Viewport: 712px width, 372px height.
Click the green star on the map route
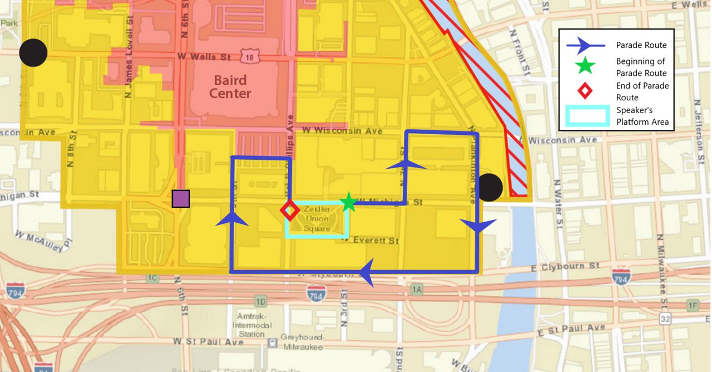[x=348, y=202]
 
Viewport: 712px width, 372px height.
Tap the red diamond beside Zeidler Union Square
[x=289, y=211]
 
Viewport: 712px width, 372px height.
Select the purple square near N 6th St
[x=181, y=199]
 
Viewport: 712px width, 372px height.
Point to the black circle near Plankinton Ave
[x=490, y=187]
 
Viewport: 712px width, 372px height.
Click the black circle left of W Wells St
[x=33, y=53]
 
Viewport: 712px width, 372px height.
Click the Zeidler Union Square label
[x=317, y=218]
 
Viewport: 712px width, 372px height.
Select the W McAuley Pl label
[x=44, y=240]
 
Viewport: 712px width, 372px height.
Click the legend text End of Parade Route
[x=642, y=91]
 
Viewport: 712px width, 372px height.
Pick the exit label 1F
[x=692, y=305]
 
